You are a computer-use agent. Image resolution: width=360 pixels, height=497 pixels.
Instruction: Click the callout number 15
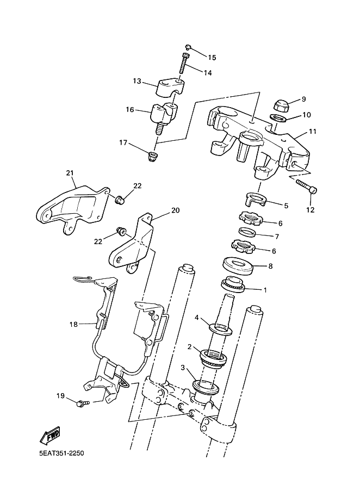[212, 58]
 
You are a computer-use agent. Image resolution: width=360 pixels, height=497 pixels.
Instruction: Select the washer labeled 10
[278, 119]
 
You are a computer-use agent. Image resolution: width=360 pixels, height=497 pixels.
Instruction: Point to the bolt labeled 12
[307, 186]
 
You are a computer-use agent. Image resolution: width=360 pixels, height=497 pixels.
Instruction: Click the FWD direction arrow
[49, 435]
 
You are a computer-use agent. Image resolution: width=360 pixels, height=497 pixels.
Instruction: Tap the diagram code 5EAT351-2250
[61, 453]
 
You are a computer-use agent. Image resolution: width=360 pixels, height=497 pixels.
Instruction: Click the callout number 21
[70, 173]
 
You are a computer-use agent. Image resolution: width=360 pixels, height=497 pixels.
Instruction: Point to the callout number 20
[175, 210]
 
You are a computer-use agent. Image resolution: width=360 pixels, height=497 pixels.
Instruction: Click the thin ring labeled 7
[247, 232]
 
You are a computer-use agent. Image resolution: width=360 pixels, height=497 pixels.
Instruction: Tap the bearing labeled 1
[233, 284]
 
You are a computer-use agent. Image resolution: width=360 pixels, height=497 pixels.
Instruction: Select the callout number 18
[73, 324]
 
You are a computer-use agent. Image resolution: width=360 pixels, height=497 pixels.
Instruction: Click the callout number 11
[313, 131]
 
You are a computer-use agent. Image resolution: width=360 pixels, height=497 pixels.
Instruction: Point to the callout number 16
[130, 110]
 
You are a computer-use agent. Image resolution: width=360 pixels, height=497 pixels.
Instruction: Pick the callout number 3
[183, 368]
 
